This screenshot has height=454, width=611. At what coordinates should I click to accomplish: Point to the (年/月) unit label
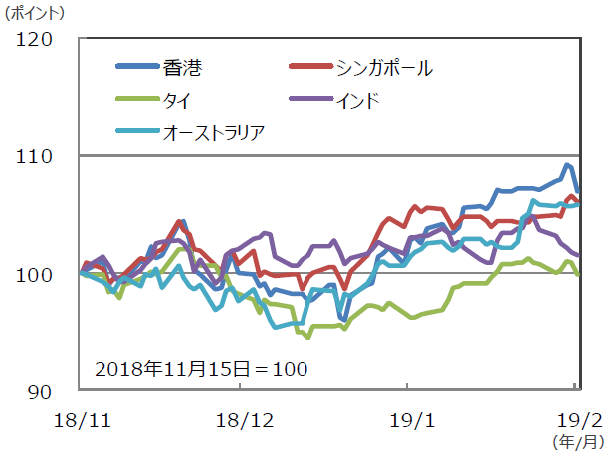(x=576, y=439)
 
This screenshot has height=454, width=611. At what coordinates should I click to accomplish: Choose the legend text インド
(x=358, y=100)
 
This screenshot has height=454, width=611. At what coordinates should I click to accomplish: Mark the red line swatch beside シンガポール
(x=311, y=68)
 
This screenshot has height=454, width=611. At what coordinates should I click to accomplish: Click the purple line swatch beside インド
(x=311, y=100)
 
